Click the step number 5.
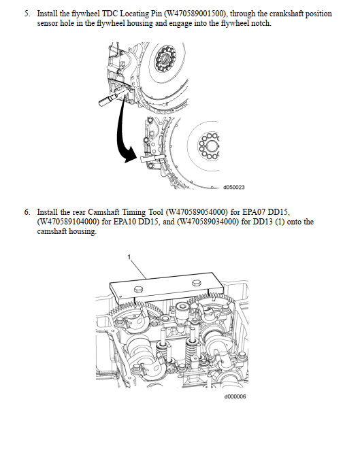pyautogui.click(x=27, y=14)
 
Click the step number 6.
pyautogui.click(x=27, y=212)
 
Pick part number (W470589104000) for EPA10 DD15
pyautogui.click(x=68, y=222)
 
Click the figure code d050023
pyautogui.click(x=234, y=187)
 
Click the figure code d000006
pyautogui.click(x=235, y=396)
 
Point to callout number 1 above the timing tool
pyautogui.click(x=129, y=257)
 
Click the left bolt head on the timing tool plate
pyautogui.click(x=139, y=290)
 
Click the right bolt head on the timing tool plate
pyautogui.click(x=196, y=283)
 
